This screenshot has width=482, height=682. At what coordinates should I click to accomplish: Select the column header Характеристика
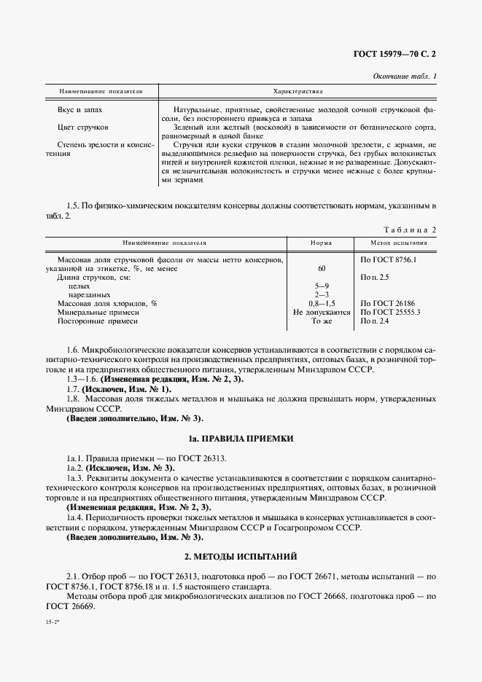tap(298, 92)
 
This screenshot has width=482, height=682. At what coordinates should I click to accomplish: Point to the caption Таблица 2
tap(409, 230)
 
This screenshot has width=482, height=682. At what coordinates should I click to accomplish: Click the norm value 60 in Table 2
tap(322, 269)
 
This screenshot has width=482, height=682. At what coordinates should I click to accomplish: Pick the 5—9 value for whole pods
tap(322, 286)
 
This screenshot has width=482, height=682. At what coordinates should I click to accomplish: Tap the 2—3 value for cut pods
tap(322, 294)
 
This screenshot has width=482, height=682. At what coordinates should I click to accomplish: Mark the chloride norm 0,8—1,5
tap(322, 303)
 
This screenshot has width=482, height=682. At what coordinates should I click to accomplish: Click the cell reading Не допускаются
tap(322, 312)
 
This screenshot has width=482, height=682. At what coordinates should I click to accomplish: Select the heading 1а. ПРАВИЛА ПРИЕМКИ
tap(240, 439)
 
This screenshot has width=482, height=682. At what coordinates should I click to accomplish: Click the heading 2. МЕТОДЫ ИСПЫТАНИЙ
tap(240, 557)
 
